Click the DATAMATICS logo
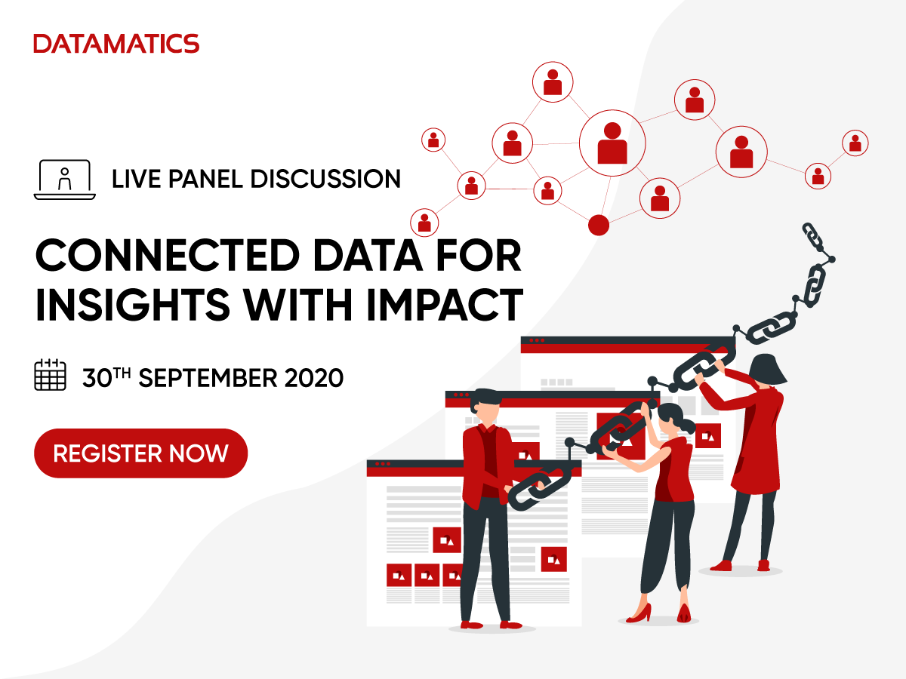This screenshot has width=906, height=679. [x=116, y=44]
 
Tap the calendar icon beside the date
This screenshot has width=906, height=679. [x=50, y=375]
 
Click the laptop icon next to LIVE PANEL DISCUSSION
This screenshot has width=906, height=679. [x=65, y=180]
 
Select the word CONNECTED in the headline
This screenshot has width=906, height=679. [x=168, y=255]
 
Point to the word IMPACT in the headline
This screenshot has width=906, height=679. [x=445, y=305]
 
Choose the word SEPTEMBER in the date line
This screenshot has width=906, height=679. [x=208, y=378]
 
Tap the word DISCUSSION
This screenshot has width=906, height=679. [x=325, y=179]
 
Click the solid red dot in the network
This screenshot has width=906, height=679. [x=599, y=225]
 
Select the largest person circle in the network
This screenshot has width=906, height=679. [x=612, y=143]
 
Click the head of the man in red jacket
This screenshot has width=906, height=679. [x=486, y=405]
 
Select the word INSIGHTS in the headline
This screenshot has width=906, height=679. [x=132, y=305]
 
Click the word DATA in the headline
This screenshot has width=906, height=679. [x=368, y=255]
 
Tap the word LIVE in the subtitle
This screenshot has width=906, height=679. [x=136, y=179]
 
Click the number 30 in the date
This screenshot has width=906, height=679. [x=97, y=379]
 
